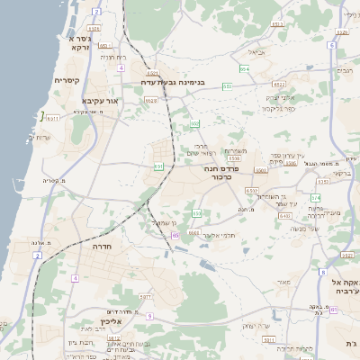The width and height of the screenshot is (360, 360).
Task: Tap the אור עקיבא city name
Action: point(101,101)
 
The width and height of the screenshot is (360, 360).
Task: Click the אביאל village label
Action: point(256,52)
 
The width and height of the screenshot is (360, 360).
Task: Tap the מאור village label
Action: point(284,283)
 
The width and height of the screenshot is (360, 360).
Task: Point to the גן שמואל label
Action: point(162,222)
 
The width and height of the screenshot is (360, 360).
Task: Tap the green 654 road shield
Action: point(244,67)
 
